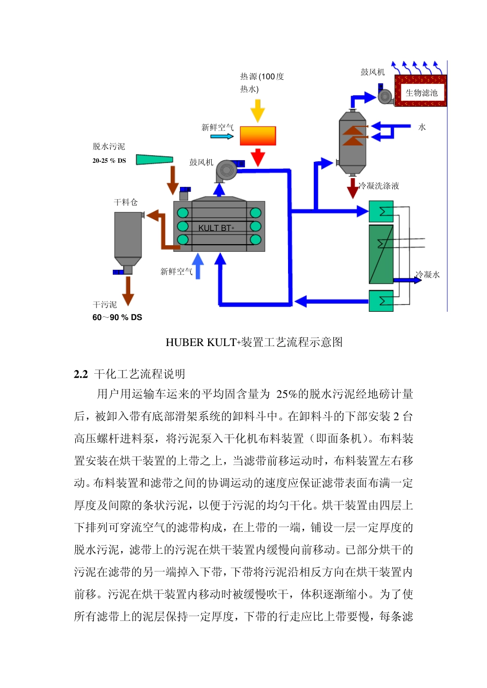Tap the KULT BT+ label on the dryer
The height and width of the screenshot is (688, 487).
tap(216, 228)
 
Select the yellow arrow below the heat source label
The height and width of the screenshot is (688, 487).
tap(257, 110)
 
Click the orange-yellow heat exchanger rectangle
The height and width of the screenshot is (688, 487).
tap(258, 136)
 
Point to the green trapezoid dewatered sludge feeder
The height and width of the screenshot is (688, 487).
tap(154, 159)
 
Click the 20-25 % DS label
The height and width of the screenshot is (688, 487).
tap(109, 161)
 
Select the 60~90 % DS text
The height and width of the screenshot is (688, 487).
tap(117, 317)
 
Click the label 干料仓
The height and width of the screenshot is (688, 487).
tap(126, 202)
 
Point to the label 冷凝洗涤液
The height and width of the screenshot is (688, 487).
tap(379, 186)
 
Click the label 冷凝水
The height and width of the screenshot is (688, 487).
tap(428, 275)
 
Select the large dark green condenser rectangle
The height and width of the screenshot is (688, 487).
tap(381, 254)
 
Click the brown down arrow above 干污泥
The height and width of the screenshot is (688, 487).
tap(128, 290)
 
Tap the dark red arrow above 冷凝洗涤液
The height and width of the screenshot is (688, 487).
tap(353, 188)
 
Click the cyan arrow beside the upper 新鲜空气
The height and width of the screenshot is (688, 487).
tap(222, 137)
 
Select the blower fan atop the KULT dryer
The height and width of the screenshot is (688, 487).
tap(226, 170)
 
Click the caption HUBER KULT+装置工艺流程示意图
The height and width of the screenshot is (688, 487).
tap(254, 342)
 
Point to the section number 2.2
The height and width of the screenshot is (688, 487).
tap(81, 374)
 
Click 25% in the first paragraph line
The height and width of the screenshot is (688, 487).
tap(286, 394)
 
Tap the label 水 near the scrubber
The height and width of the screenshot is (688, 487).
tap(422, 127)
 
